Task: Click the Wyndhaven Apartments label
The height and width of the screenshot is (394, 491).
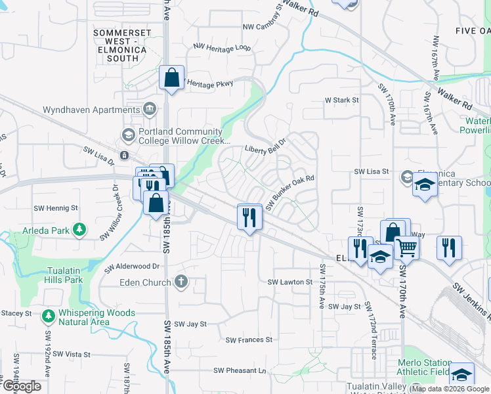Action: click(91, 110)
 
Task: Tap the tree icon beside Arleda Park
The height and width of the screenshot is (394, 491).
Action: click(79, 229)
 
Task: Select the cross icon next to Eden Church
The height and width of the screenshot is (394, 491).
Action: click(181, 282)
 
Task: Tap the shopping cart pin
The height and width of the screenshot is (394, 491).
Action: click(407, 248)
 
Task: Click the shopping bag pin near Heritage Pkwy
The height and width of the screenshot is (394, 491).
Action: click(171, 78)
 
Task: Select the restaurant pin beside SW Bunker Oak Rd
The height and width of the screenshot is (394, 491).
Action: click(249, 217)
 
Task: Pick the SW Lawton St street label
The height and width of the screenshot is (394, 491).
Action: click(290, 282)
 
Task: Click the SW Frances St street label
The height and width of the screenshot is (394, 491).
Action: click(249, 339)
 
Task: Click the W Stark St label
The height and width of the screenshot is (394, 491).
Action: click(342, 100)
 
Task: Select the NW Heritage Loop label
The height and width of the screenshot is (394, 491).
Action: click(222, 47)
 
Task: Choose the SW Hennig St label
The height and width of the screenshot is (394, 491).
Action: click(56, 208)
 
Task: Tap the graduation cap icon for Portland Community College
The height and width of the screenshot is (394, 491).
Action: click(128, 136)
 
